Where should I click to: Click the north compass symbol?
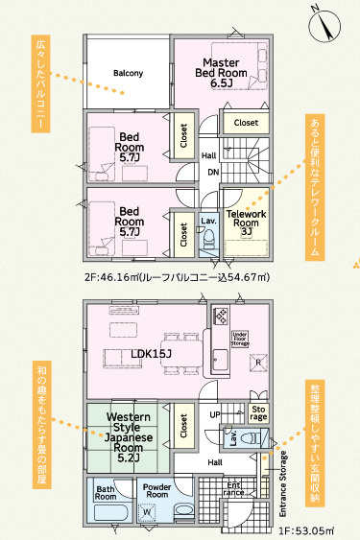[324, 26]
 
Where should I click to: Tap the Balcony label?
[128, 73]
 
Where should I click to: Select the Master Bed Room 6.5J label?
[221, 73]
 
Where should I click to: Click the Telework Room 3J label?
[246, 223]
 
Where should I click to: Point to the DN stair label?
[213, 172]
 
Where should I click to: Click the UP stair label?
[215, 414]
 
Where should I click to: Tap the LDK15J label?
[152, 353]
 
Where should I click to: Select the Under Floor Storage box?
[240, 339]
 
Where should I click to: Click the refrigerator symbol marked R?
[258, 363]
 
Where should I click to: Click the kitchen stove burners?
[221, 316]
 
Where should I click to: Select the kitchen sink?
[220, 359]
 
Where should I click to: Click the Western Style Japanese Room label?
[129, 437]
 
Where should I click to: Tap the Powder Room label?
[156, 491]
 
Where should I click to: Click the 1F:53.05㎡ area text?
[306, 530]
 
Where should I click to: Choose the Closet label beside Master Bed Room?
[246, 123]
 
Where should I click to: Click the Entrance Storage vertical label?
[283, 483]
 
